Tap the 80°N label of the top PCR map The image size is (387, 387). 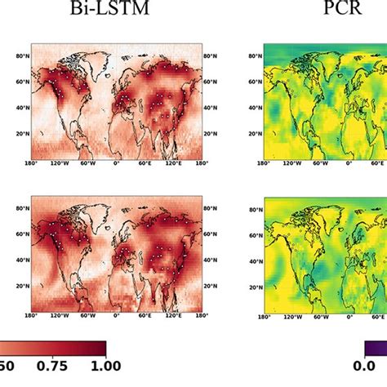pos(254,56)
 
